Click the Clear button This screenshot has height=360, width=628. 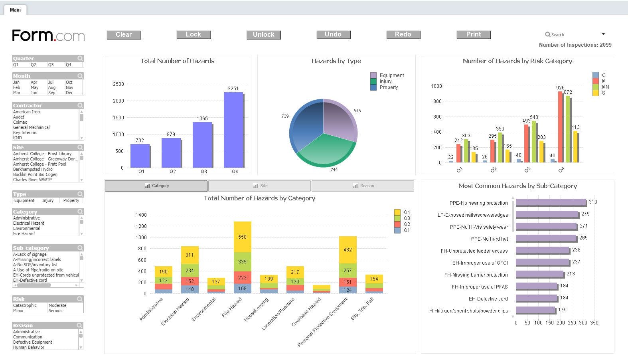tap(124, 35)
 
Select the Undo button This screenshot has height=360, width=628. tap(333, 35)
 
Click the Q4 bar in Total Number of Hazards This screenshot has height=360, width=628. tap(233, 130)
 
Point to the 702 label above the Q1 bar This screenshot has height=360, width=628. tap(140, 140)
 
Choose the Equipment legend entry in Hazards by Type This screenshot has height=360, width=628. tap(391, 75)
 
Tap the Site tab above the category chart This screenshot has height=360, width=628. tap(260, 186)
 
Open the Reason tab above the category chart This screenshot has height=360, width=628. tap(363, 186)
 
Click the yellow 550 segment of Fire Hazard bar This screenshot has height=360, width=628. tap(242, 237)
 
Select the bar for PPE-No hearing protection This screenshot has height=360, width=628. tap(550, 202)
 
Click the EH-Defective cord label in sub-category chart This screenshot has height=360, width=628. tap(488, 299)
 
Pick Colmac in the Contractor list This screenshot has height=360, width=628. tap(20, 123)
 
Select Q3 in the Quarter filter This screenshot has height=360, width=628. tap(51, 65)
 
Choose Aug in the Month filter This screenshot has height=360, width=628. tap(52, 87)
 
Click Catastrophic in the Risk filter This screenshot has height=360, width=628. tap(25, 305)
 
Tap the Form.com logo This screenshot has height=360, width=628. tap(48, 36)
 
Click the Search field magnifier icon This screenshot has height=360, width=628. tap(548, 35)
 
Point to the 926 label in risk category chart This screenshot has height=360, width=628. tap(560, 88)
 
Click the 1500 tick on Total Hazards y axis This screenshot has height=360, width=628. tap(118, 118)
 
